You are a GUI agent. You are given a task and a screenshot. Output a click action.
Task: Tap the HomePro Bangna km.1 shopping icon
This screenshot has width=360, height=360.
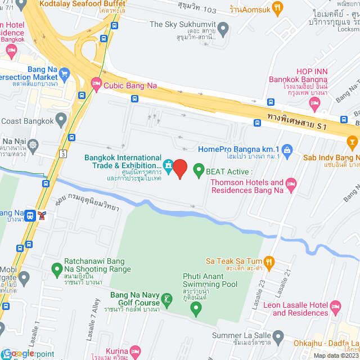tap(287, 149)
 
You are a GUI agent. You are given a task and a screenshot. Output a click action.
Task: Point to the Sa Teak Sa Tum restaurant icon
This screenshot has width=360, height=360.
tap(269, 261)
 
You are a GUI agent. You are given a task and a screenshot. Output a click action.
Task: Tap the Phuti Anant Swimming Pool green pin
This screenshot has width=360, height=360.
tap(195, 308)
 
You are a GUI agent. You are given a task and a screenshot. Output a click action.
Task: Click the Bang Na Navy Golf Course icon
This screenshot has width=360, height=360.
tap(166, 299)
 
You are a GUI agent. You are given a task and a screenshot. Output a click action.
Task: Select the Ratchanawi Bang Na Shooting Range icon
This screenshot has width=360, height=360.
tap(56, 269)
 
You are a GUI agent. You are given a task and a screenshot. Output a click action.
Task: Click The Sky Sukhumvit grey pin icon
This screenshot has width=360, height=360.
tap(223, 28)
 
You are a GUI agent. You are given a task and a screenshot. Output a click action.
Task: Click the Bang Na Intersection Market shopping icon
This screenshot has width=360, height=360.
tap(64, 73)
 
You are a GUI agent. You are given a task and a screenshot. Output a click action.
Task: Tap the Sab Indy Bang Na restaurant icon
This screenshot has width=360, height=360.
tap(353, 145)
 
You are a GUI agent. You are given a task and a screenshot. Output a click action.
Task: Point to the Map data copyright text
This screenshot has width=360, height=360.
tap(336, 355)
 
